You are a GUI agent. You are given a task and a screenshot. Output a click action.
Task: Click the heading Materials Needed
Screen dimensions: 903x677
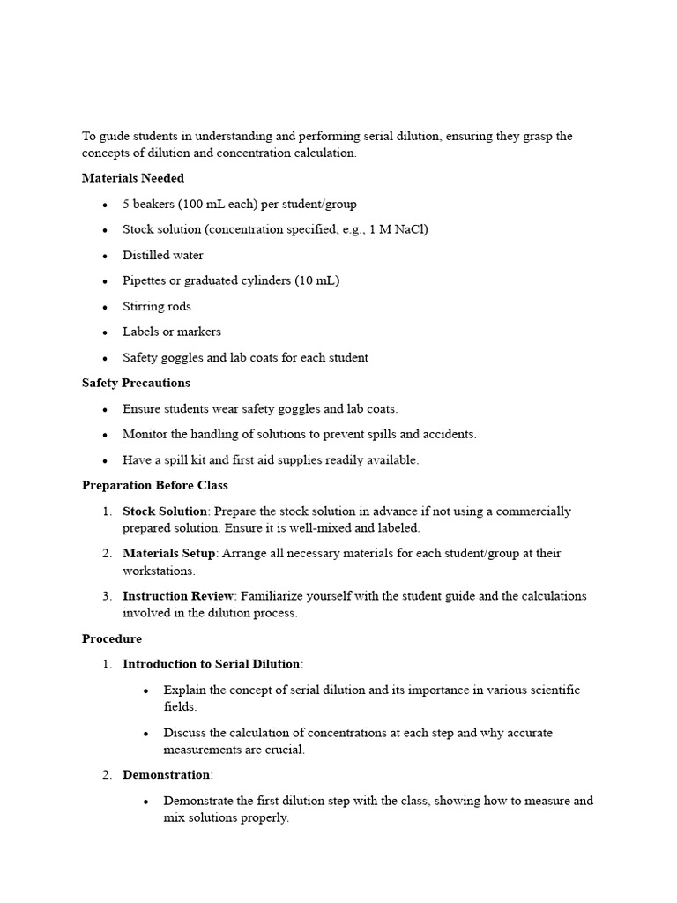(133, 178)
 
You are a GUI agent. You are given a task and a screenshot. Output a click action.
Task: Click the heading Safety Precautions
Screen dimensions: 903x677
(136, 383)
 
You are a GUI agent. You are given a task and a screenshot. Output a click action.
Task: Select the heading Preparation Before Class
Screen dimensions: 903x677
(154, 485)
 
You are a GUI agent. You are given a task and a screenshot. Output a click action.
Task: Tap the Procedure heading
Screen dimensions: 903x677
(112, 638)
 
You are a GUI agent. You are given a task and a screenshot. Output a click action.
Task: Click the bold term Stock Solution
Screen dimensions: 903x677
(165, 511)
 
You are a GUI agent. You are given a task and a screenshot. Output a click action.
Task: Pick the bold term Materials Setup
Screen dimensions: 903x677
(168, 554)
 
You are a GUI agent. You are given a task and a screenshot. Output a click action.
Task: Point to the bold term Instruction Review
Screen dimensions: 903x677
(175, 596)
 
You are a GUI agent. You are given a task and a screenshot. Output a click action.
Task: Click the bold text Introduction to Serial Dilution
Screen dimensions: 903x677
(212, 664)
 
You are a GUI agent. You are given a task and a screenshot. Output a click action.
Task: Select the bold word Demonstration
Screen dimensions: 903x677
(167, 775)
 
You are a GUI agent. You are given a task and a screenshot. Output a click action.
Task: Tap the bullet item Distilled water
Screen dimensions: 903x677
(163, 256)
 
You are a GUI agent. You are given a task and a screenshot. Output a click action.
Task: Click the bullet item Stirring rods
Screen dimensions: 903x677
(157, 307)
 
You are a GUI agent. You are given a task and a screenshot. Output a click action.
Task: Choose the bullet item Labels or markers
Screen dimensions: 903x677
(172, 332)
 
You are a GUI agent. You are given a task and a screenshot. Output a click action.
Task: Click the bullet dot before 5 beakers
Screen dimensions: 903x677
(105, 205)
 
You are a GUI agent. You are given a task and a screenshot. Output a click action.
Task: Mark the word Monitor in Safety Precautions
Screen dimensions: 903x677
(145, 435)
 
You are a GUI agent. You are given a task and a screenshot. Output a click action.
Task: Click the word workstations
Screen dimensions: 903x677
(159, 571)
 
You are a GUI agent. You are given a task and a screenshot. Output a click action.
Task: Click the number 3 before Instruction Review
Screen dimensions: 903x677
(106, 596)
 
